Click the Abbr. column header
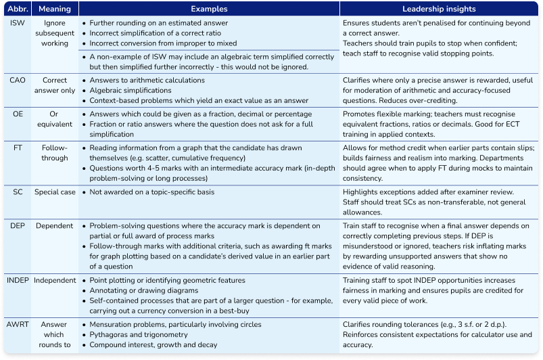(x=16, y=10)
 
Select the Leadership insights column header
(x=440, y=10)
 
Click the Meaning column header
(x=55, y=10)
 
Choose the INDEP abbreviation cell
(x=17, y=280)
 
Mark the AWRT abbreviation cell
(x=17, y=324)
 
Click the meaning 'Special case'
(x=55, y=192)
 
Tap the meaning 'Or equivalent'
(x=55, y=119)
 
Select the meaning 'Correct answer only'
(x=55, y=85)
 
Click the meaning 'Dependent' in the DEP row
(x=55, y=225)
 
